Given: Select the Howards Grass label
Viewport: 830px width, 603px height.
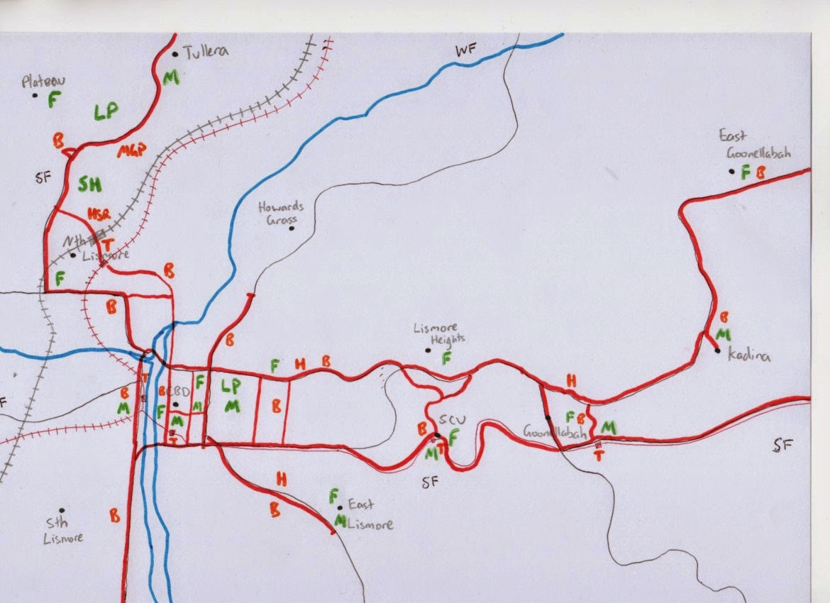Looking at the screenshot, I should pyautogui.click(x=280, y=213).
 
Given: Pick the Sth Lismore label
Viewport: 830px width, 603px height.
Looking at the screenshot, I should pyautogui.click(x=62, y=531).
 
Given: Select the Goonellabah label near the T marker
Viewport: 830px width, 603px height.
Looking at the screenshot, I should pyautogui.click(x=554, y=431).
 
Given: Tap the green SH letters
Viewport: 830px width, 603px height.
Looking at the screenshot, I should pyautogui.click(x=90, y=184).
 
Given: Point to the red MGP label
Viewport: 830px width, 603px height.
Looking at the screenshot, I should pyautogui.click(x=131, y=150).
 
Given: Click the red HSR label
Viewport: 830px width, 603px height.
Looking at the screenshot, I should pyautogui.click(x=99, y=214).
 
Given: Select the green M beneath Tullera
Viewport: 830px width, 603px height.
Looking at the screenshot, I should pyautogui.click(x=170, y=77).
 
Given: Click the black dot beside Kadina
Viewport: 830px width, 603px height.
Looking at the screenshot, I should pyautogui.click(x=718, y=350).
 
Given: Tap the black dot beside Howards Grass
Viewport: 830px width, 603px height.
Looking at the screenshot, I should pyautogui.click(x=291, y=228).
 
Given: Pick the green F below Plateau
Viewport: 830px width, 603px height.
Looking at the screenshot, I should pyautogui.click(x=52, y=100).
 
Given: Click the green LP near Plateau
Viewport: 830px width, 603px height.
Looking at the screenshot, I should pyautogui.click(x=105, y=111).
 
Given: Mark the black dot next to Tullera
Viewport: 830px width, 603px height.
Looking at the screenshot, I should pyautogui.click(x=175, y=53).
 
